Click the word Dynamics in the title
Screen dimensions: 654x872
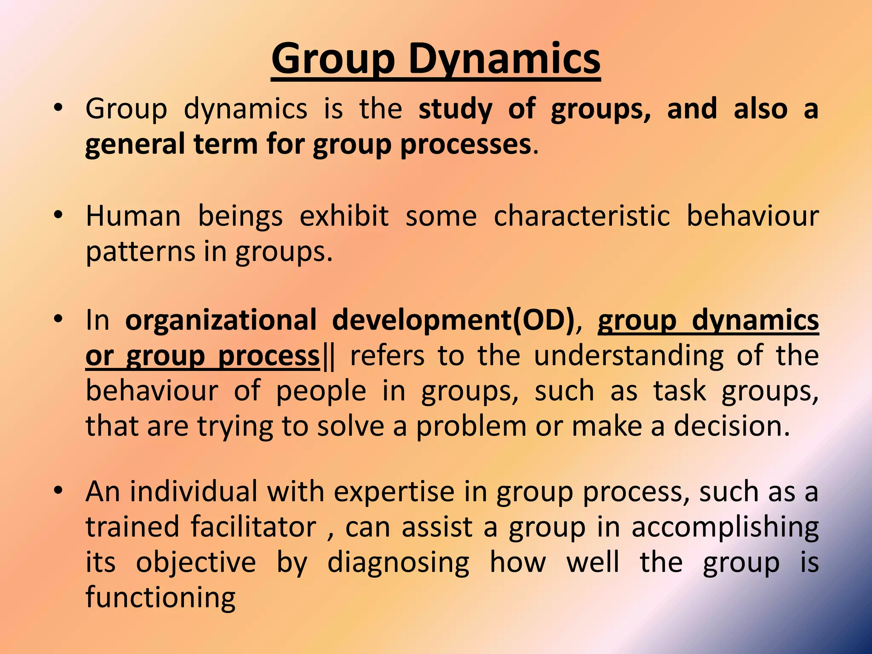[x=504, y=60]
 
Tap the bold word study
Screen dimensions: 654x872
[x=455, y=109]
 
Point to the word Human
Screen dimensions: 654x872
[x=133, y=216]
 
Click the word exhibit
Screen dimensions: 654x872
[x=344, y=216]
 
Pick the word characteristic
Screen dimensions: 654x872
[x=582, y=216]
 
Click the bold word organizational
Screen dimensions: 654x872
[x=221, y=320]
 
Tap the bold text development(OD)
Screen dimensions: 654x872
[x=453, y=320]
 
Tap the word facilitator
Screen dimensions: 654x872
[x=253, y=527]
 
